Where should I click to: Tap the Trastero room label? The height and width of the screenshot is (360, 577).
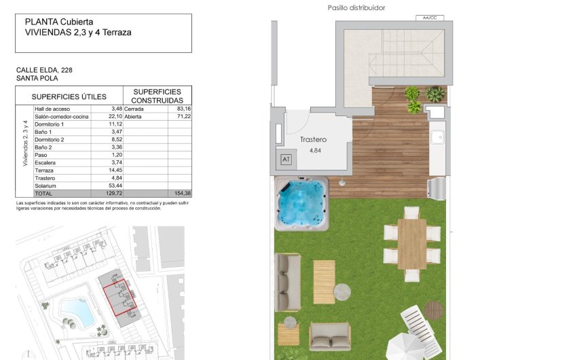(x=314, y=140)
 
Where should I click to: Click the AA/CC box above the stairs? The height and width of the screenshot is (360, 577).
(x=429, y=18)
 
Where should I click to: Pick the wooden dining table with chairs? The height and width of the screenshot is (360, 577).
(x=411, y=243)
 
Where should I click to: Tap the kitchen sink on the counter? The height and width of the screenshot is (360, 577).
(x=439, y=133)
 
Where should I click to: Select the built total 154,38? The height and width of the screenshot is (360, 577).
(x=183, y=194)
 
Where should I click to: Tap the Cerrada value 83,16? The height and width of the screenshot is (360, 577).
(x=183, y=109)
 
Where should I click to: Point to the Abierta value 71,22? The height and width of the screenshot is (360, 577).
(x=183, y=117)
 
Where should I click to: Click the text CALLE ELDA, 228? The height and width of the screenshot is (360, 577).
(x=44, y=70)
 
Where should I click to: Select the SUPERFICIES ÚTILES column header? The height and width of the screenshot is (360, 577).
(x=69, y=96)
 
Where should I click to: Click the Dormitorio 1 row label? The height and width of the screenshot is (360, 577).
(x=49, y=124)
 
